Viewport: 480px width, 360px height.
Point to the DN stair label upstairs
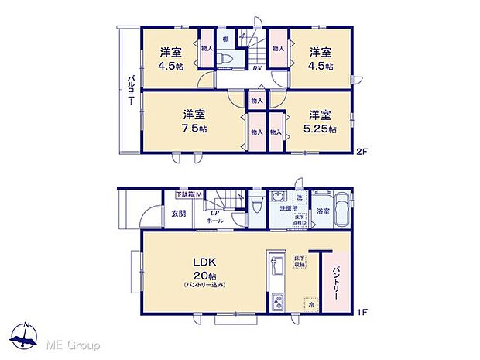point(256,68)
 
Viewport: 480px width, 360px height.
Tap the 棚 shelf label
point(225,39)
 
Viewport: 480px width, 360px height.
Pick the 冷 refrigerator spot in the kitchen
point(310,304)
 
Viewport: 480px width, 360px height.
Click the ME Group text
point(75,344)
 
